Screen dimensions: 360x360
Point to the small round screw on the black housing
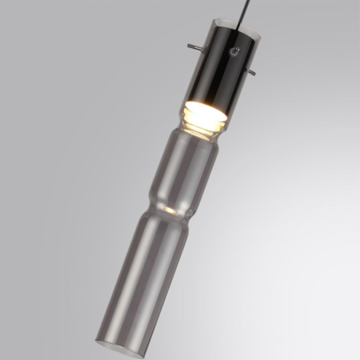pyautogui.click(x=234, y=52)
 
